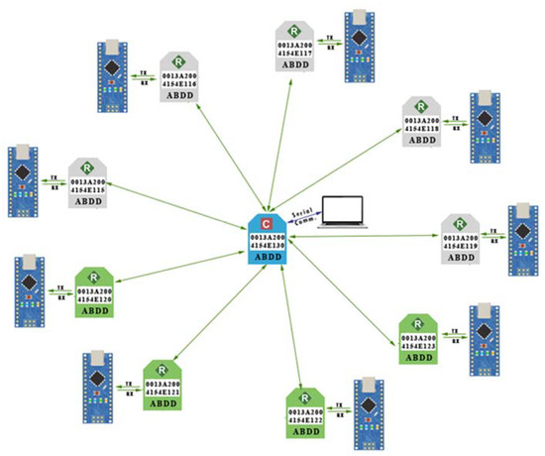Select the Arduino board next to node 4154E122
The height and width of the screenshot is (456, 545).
click(371, 411)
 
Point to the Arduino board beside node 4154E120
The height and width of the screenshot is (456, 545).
click(31, 293)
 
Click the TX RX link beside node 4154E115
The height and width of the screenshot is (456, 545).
click(52, 183)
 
